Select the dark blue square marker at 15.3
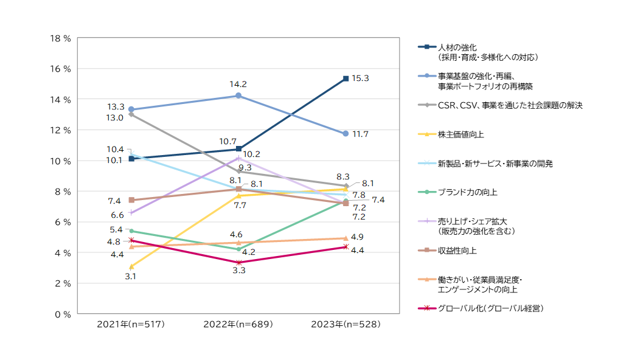[x=345, y=78]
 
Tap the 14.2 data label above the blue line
[x=238, y=84]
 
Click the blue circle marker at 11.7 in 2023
[x=345, y=133]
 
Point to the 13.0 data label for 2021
[x=116, y=117]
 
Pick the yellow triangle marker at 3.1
[x=131, y=266]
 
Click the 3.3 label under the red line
[x=238, y=271]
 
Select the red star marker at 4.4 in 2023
[x=345, y=247]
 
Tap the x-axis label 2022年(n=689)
[x=238, y=325]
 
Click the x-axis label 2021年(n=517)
[x=131, y=325]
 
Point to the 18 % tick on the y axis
[x=61, y=38]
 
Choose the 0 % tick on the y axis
[x=63, y=314]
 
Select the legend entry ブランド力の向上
[x=467, y=192]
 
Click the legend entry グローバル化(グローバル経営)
[x=490, y=308]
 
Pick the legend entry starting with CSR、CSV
[x=510, y=105]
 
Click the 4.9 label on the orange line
[x=358, y=237]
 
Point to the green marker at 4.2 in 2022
[x=238, y=249]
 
